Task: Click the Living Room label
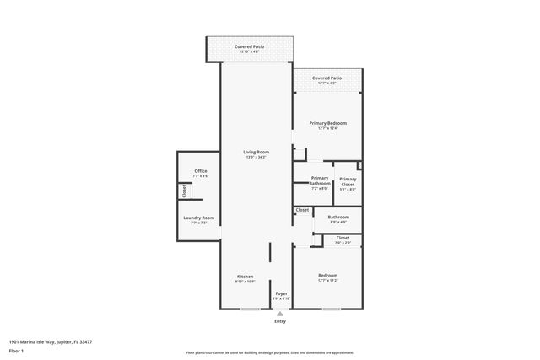pyautogui.click(x=256, y=152)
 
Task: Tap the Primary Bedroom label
pyautogui.click(x=327, y=123)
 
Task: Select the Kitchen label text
pyautogui.click(x=245, y=276)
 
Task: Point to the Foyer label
pyautogui.click(x=281, y=293)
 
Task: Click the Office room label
pyautogui.click(x=200, y=171)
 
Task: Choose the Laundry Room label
pyautogui.click(x=199, y=218)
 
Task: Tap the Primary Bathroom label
pyautogui.click(x=320, y=180)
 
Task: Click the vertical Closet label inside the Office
pyautogui.click(x=184, y=191)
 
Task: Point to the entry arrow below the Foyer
pyautogui.click(x=280, y=314)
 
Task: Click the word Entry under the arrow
pyautogui.click(x=280, y=321)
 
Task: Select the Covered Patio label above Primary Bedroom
pyautogui.click(x=327, y=78)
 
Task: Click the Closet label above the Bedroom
pyautogui.click(x=343, y=238)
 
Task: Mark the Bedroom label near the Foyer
pyautogui.click(x=327, y=276)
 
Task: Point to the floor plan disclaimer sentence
pyautogui.click(x=269, y=352)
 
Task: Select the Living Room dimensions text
pyautogui.click(x=256, y=158)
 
